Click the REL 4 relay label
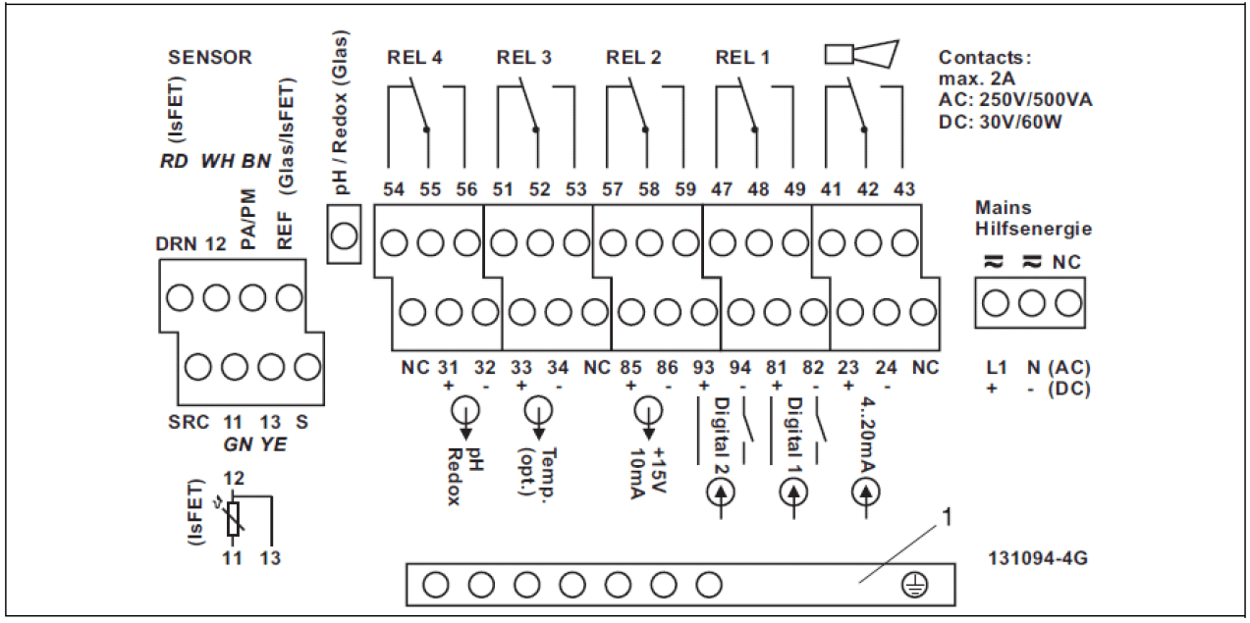415,57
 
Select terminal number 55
430,190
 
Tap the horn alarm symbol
861,54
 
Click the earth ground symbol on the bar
914,586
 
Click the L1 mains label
995,368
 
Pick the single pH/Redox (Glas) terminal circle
344,235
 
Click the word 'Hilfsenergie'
1033,229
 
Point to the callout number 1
947,513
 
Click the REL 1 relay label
742,57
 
